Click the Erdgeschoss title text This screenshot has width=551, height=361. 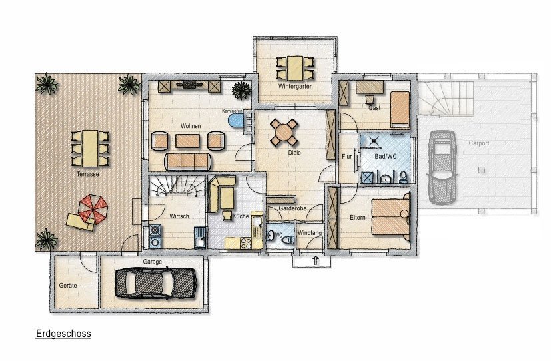[63, 334]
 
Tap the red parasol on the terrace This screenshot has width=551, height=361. [93, 208]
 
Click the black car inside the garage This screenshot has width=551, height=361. [156, 283]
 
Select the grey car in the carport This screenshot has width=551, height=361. [442, 167]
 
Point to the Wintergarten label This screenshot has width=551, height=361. [296, 86]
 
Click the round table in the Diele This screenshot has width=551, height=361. [284, 133]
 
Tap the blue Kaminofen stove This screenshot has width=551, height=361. [236, 120]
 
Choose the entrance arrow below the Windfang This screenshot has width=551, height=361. [316, 260]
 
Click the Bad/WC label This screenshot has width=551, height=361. [386, 156]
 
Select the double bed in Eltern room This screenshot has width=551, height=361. [390, 216]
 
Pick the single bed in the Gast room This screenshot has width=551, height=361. [400, 110]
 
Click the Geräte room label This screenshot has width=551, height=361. [68, 286]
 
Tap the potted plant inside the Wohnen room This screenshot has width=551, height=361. [241, 91]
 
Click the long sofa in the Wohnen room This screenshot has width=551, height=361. [188, 161]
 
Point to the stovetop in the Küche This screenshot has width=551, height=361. [246, 242]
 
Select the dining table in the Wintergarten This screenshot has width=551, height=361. [295, 68]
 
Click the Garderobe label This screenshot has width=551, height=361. [292, 208]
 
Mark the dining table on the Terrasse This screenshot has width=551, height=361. [90, 149]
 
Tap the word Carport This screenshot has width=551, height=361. [479, 143]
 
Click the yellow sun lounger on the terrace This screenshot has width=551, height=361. [80, 222]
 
